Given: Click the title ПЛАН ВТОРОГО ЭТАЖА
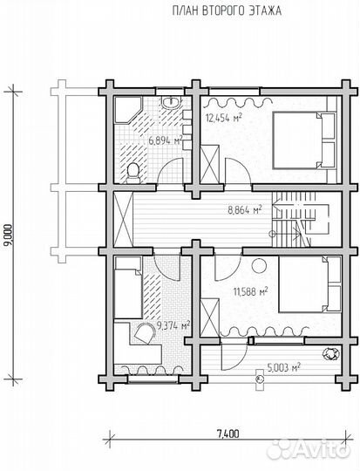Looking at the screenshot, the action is tap(227, 11).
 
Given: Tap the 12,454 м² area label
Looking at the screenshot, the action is tap(224, 118).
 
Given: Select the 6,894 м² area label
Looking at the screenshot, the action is tap(166, 140).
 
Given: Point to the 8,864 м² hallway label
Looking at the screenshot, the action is tap(245, 209).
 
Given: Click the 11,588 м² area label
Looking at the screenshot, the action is tap(251, 291).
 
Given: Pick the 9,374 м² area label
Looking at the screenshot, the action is tap(173, 325).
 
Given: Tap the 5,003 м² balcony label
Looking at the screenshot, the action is tap(284, 367).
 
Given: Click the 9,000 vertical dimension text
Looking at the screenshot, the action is tap(9, 235).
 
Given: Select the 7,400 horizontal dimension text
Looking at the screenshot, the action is tap(228, 433).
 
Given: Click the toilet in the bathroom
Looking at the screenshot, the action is tap(132, 174).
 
